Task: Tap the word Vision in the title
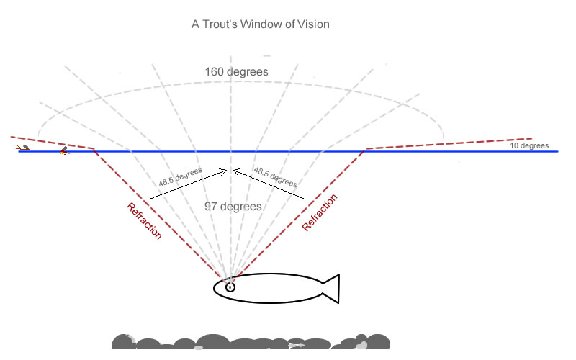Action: pos(312,24)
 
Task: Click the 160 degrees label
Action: pos(237,72)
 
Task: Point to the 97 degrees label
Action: pos(233,207)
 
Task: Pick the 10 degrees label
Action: pos(529,146)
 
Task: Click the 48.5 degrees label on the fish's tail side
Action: pos(275,180)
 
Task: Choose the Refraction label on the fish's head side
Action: pos(144,221)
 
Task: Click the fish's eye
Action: pos(230,287)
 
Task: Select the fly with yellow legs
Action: pos(64,150)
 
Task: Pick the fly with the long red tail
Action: pos(24,148)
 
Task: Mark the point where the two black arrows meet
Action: pos(230,171)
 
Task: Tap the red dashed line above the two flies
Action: pos(50,143)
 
